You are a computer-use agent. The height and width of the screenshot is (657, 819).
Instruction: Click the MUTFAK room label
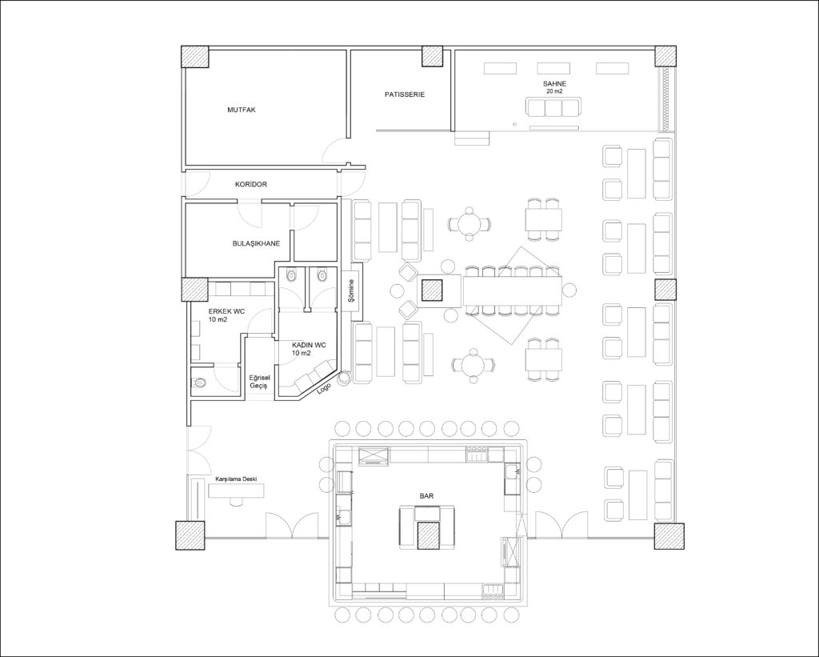tap(242, 110)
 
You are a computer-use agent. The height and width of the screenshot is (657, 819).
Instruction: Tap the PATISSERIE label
tap(405, 94)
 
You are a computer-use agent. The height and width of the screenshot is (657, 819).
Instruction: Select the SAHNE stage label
tap(555, 84)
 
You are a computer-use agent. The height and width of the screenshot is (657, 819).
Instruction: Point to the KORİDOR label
tap(251, 185)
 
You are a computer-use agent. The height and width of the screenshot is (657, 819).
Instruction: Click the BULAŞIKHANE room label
tap(256, 243)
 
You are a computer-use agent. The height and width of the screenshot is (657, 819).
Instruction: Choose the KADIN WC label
tap(309, 345)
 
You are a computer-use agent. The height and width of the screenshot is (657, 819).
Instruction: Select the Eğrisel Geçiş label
tap(258, 382)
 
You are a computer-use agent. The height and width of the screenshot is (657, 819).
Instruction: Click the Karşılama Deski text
tap(237, 479)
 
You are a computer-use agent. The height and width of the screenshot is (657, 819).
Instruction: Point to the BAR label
tap(426, 496)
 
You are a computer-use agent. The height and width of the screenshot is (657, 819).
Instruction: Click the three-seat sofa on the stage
tap(553, 107)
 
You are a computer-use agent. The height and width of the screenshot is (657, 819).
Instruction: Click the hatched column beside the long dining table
tap(433, 290)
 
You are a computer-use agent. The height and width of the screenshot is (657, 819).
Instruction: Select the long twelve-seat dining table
tap(513, 290)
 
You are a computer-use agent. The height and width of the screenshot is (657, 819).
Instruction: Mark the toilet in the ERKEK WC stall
tap(199, 383)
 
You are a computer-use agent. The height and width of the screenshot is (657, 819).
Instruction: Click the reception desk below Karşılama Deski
tap(237, 491)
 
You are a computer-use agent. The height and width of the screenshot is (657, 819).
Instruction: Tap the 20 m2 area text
tap(555, 91)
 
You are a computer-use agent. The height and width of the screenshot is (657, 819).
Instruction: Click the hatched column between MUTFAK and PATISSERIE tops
tap(433, 57)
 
